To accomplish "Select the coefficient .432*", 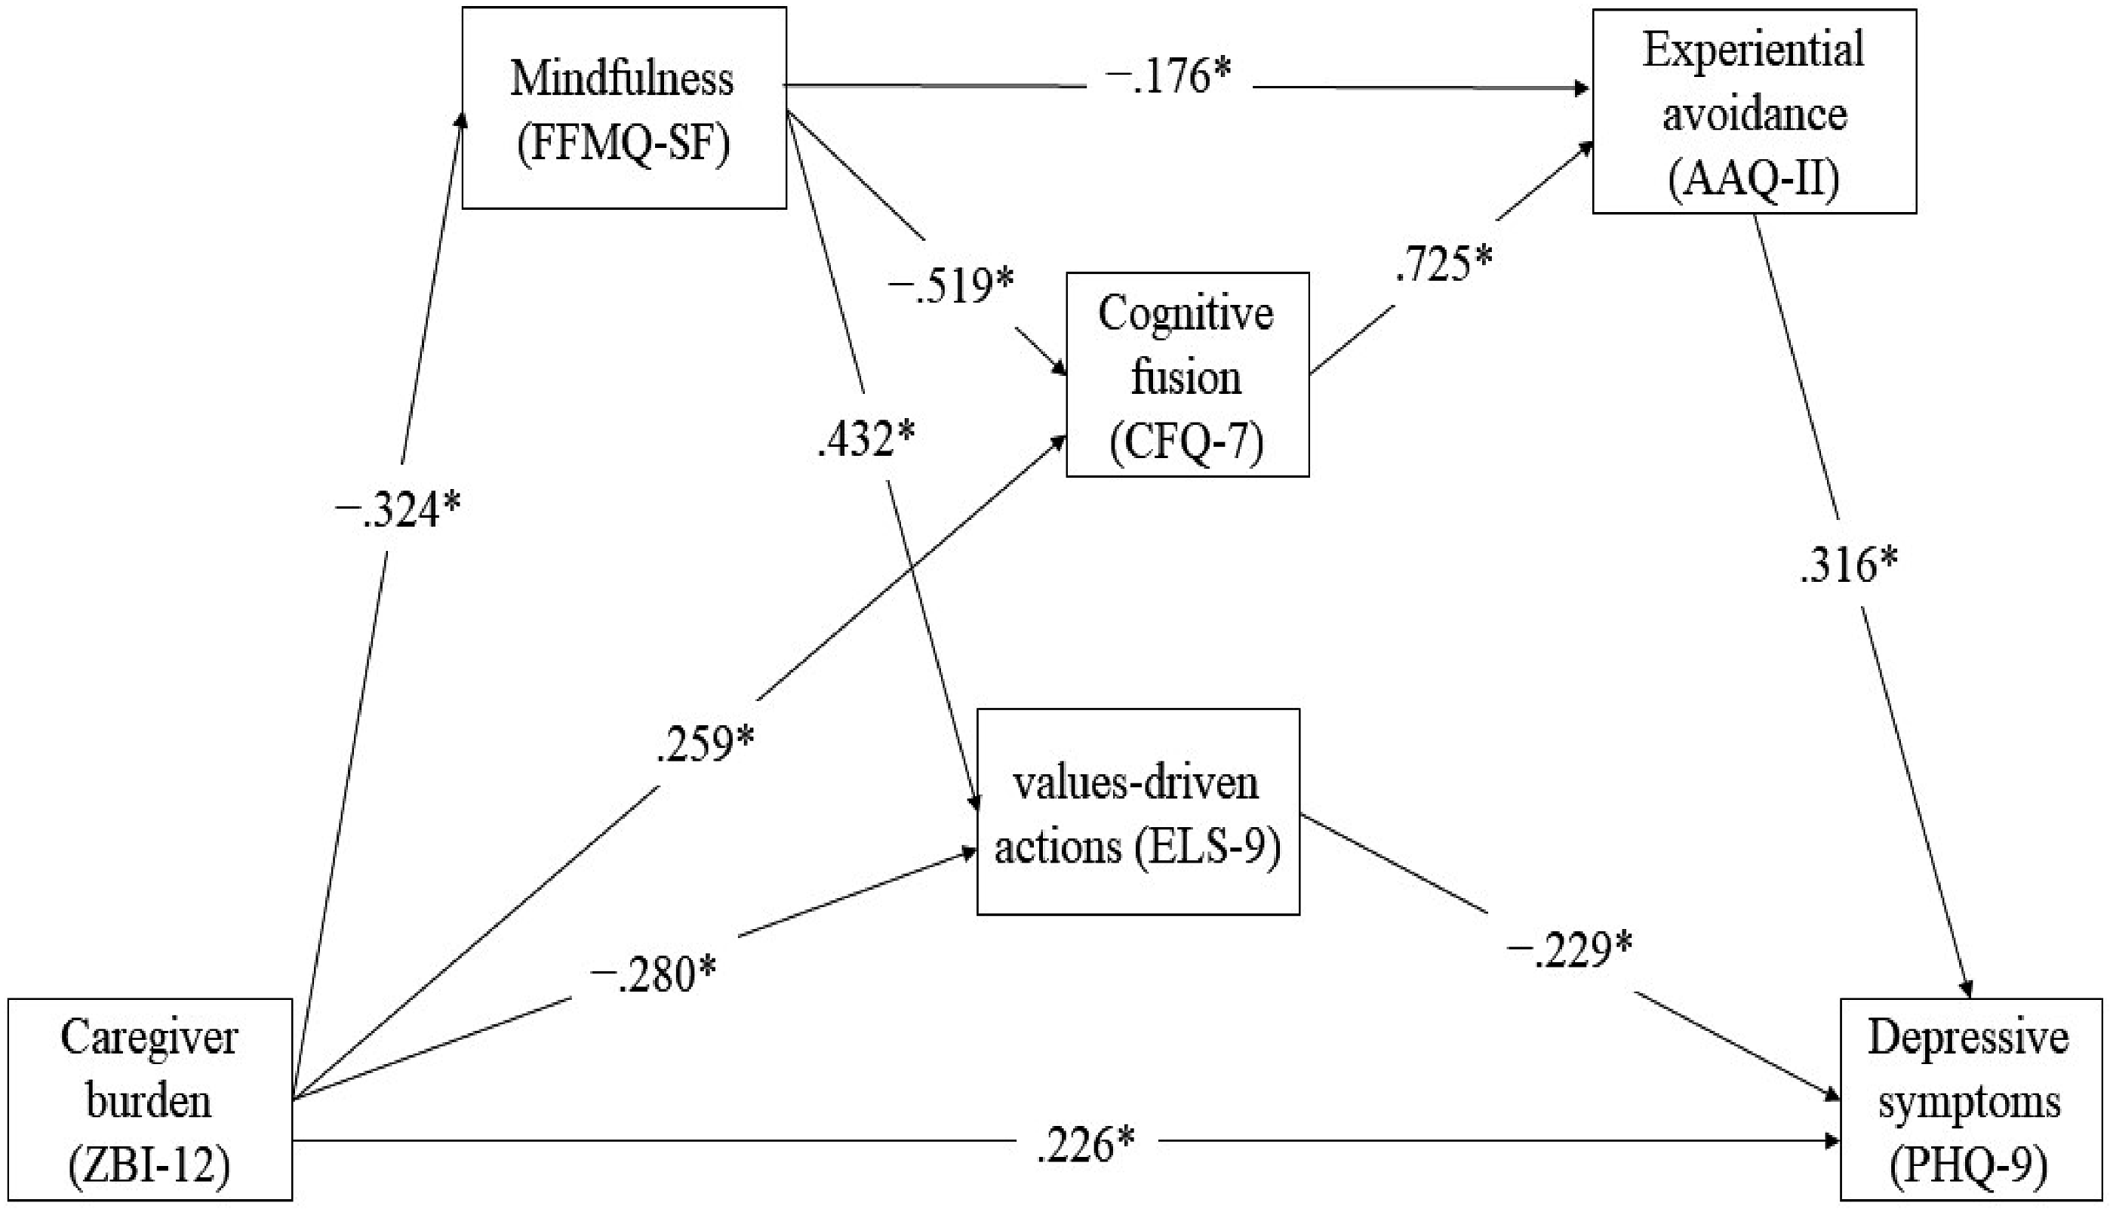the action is (866, 438).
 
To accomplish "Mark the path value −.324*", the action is (397, 509).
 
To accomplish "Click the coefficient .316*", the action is (1848, 566).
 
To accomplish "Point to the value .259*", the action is (705, 743).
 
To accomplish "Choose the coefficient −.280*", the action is (654, 974).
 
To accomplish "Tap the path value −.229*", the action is (1570, 950).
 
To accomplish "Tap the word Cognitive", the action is (1186, 314).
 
